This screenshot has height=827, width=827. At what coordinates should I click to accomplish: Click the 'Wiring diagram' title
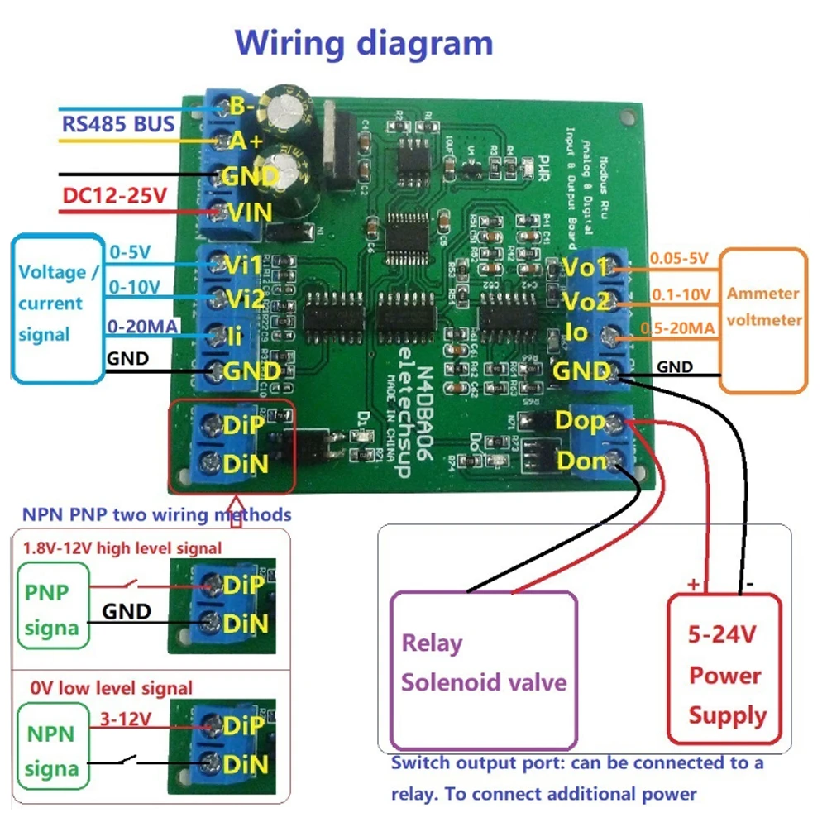[364, 43]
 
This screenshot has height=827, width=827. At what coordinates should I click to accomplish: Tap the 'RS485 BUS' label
[118, 124]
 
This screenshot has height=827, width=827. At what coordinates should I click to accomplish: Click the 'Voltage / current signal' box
[51, 303]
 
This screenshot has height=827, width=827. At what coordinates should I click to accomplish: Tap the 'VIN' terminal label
[248, 213]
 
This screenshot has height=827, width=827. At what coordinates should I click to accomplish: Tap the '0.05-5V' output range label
[678, 258]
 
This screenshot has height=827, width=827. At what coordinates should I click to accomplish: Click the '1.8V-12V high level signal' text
[122, 547]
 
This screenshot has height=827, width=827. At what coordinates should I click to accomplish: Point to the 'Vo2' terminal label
[586, 299]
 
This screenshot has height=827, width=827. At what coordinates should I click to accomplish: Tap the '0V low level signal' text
[111, 688]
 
